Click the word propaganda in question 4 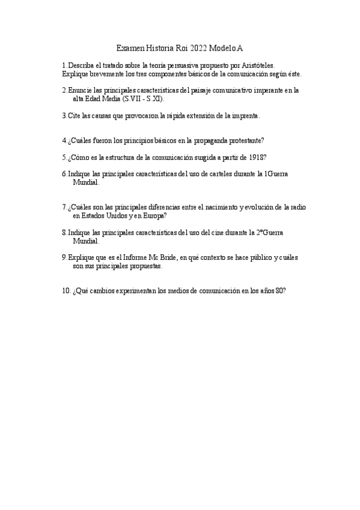click(x=207, y=140)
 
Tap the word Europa click(x=153, y=215)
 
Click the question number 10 click(x=66, y=290)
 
